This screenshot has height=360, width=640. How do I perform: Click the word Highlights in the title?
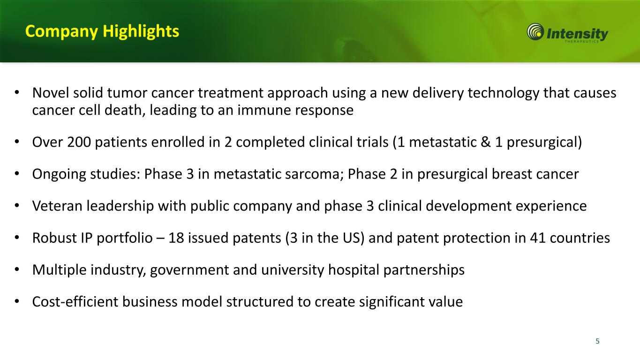tap(141, 31)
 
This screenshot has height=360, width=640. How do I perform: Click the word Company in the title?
tap(61, 32)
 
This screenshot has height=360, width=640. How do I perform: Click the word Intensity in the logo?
tap(577, 34)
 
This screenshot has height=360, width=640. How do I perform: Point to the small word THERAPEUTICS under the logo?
tap(581, 41)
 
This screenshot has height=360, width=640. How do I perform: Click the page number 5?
tap(597, 341)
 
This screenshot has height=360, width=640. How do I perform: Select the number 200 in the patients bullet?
tap(79, 142)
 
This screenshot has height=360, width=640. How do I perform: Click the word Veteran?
tap(57, 206)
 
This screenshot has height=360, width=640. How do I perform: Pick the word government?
tap(189, 270)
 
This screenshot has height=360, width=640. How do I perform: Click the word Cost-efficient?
tap(75, 302)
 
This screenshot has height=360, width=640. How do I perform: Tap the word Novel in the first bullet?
tap(51, 93)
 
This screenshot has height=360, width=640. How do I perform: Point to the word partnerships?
tap(424, 270)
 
